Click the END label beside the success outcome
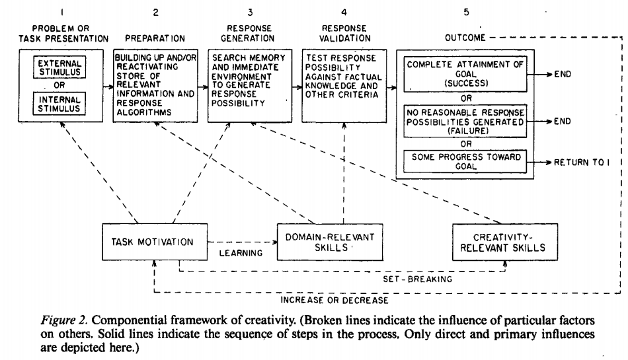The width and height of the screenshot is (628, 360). (x=563, y=75)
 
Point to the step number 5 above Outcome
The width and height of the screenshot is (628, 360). (x=467, y=13)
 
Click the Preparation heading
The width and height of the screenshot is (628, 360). (x=155, y=38)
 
